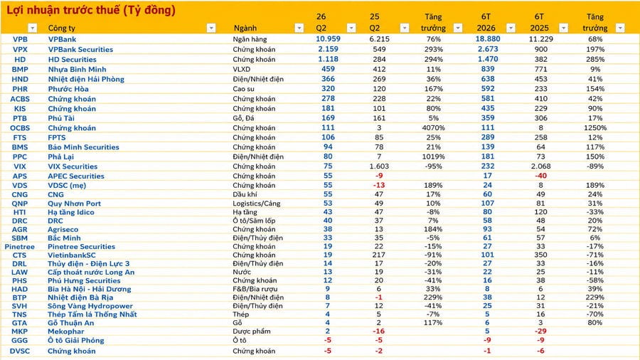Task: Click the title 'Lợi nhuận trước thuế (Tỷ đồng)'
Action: (91, 10)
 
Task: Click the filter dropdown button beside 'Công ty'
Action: (211, 28)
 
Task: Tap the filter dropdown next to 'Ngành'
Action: (299, 28)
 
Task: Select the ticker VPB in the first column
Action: (20, 39)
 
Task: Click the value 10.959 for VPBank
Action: (328, 39)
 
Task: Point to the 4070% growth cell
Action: (434, 128)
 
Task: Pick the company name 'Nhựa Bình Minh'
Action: (77, 70)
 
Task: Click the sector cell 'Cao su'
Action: (244, 89)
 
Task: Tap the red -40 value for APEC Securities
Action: (541, 176)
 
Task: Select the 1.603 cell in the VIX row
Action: (379, 166)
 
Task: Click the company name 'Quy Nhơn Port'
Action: (74, 203)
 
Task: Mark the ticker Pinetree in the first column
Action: (20, 247)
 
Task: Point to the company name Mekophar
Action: (66, 332)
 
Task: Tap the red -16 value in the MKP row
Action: (379, 331)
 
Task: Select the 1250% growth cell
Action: (595, 128)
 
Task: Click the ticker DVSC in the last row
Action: (20, 351)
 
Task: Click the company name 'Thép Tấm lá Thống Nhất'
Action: (92, 314)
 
